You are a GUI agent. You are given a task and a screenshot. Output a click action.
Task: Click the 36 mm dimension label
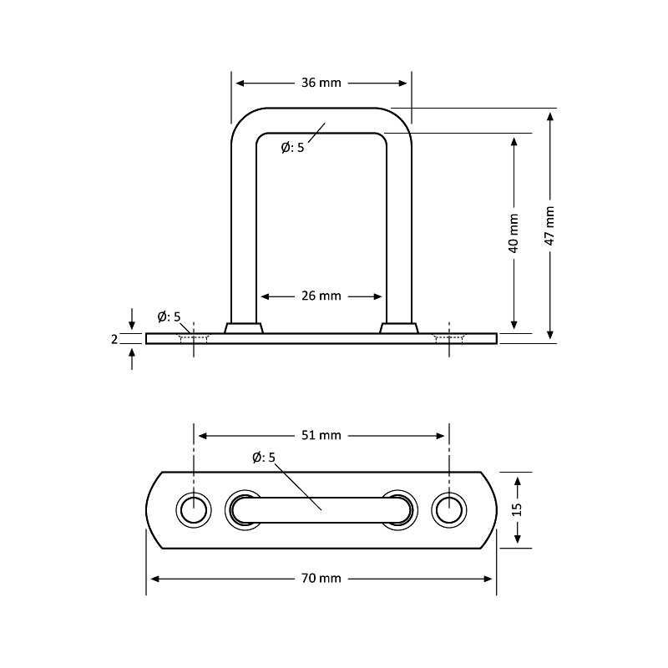click(x=321, y=83)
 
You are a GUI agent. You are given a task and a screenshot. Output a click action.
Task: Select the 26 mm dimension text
click(x=321, y=296)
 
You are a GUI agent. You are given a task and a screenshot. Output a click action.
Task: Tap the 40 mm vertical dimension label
click(x=514, y=233)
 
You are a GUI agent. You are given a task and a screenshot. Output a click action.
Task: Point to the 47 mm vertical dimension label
click(x=549, y=225)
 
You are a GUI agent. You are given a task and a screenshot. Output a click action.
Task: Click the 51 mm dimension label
click(x=321, y=435)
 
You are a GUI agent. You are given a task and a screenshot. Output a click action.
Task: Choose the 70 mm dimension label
click(x=321, y=578)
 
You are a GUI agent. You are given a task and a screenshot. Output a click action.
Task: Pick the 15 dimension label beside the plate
click(x=517, y=509)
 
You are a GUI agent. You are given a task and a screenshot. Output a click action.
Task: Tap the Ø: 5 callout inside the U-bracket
click(x=293, y=148)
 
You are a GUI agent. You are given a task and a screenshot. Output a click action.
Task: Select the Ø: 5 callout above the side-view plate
click(x=169, y=316)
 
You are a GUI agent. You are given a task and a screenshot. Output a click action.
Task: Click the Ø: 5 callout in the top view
click(x=264, y=457)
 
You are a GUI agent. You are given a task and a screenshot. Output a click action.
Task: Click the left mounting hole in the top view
click(x=194, y=509)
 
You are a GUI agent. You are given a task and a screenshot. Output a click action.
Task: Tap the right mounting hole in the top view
click(x=450, y=509)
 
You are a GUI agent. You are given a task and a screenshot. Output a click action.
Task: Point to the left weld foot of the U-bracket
click(x=244, y=327)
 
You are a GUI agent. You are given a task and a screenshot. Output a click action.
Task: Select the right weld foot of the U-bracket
click(x=399, y=327)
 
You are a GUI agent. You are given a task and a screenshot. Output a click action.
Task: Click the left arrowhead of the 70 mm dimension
click(x=152, y=578)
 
